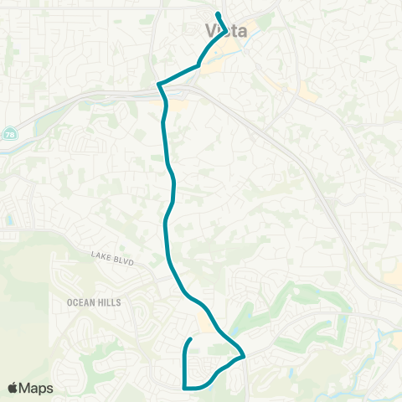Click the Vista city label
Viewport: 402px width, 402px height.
pos(226,30)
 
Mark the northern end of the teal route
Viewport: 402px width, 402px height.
pos(218,15)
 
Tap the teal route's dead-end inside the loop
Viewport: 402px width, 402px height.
pos(192,338)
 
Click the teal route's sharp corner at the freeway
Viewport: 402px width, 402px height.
pos(158,85)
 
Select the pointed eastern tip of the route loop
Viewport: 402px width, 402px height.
pos(244,357)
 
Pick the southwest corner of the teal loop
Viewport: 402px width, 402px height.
pos(184,386)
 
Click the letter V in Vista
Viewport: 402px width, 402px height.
pos(210,30)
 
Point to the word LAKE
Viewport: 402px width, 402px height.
pos(100,258)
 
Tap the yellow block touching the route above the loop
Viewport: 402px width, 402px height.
pos(203,321)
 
